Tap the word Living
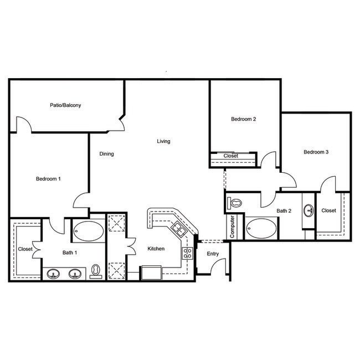(163, 141)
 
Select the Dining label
(106, 154)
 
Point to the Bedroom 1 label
(48, 178)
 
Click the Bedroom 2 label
(244, 119)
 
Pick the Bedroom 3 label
(316, 152)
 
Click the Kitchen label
(156, 249)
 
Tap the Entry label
(213, 254)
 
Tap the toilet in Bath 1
(96, 270)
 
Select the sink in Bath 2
(308, 210)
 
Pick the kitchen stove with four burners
(187, 253)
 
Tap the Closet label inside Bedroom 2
(231, 156)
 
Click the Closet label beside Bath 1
(25, 249)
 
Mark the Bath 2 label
(284, 210)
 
